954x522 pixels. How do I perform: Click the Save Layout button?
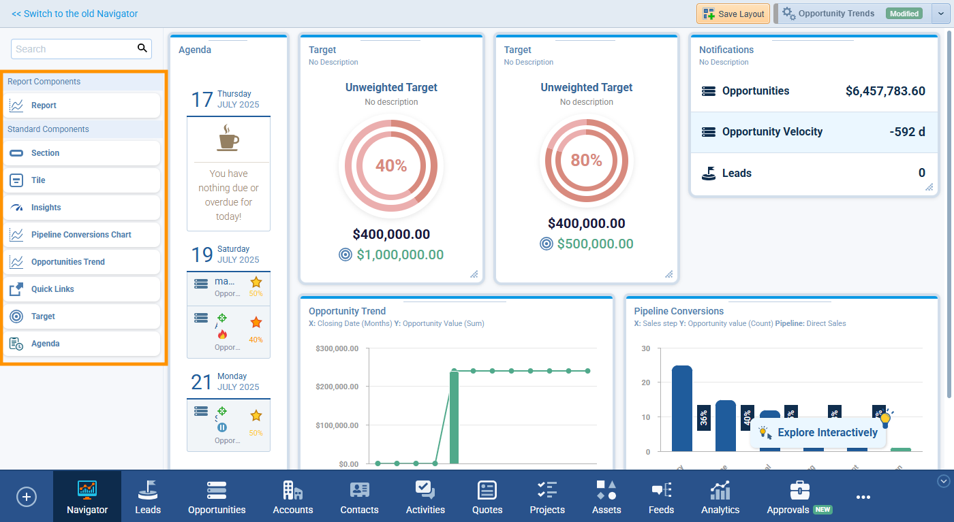(733, 14)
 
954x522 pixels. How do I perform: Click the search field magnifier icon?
(142, 48)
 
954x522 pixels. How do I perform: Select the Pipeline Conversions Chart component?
(82, 235)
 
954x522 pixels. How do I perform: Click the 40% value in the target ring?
(391, 166)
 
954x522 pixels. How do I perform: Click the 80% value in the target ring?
(586, 161)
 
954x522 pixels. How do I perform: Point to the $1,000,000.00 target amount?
(400, 255)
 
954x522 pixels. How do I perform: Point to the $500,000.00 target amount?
(595, 244)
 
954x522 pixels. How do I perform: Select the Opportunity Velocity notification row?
(814, 132)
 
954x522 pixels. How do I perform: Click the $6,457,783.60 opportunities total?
(885, 91)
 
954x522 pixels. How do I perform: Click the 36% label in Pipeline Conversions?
(704, 418)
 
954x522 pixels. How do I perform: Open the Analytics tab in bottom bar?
(720, 497)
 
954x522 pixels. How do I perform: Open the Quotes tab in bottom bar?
(487, 497)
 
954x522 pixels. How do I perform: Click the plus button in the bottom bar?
(27, 497)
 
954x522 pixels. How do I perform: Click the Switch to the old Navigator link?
(75, 14)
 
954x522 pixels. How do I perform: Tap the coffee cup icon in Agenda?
(228, 138)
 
